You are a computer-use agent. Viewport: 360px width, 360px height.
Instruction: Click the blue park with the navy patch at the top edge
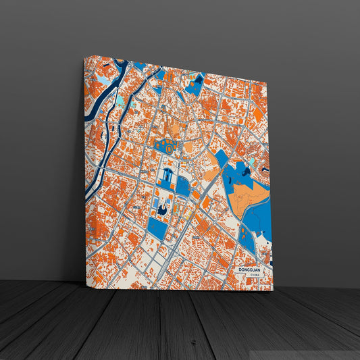(x=195, y=85)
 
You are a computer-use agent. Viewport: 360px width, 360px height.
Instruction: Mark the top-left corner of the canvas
(x=84, y=57)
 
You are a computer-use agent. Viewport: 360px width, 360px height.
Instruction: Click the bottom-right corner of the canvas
(x=273, y=290)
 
